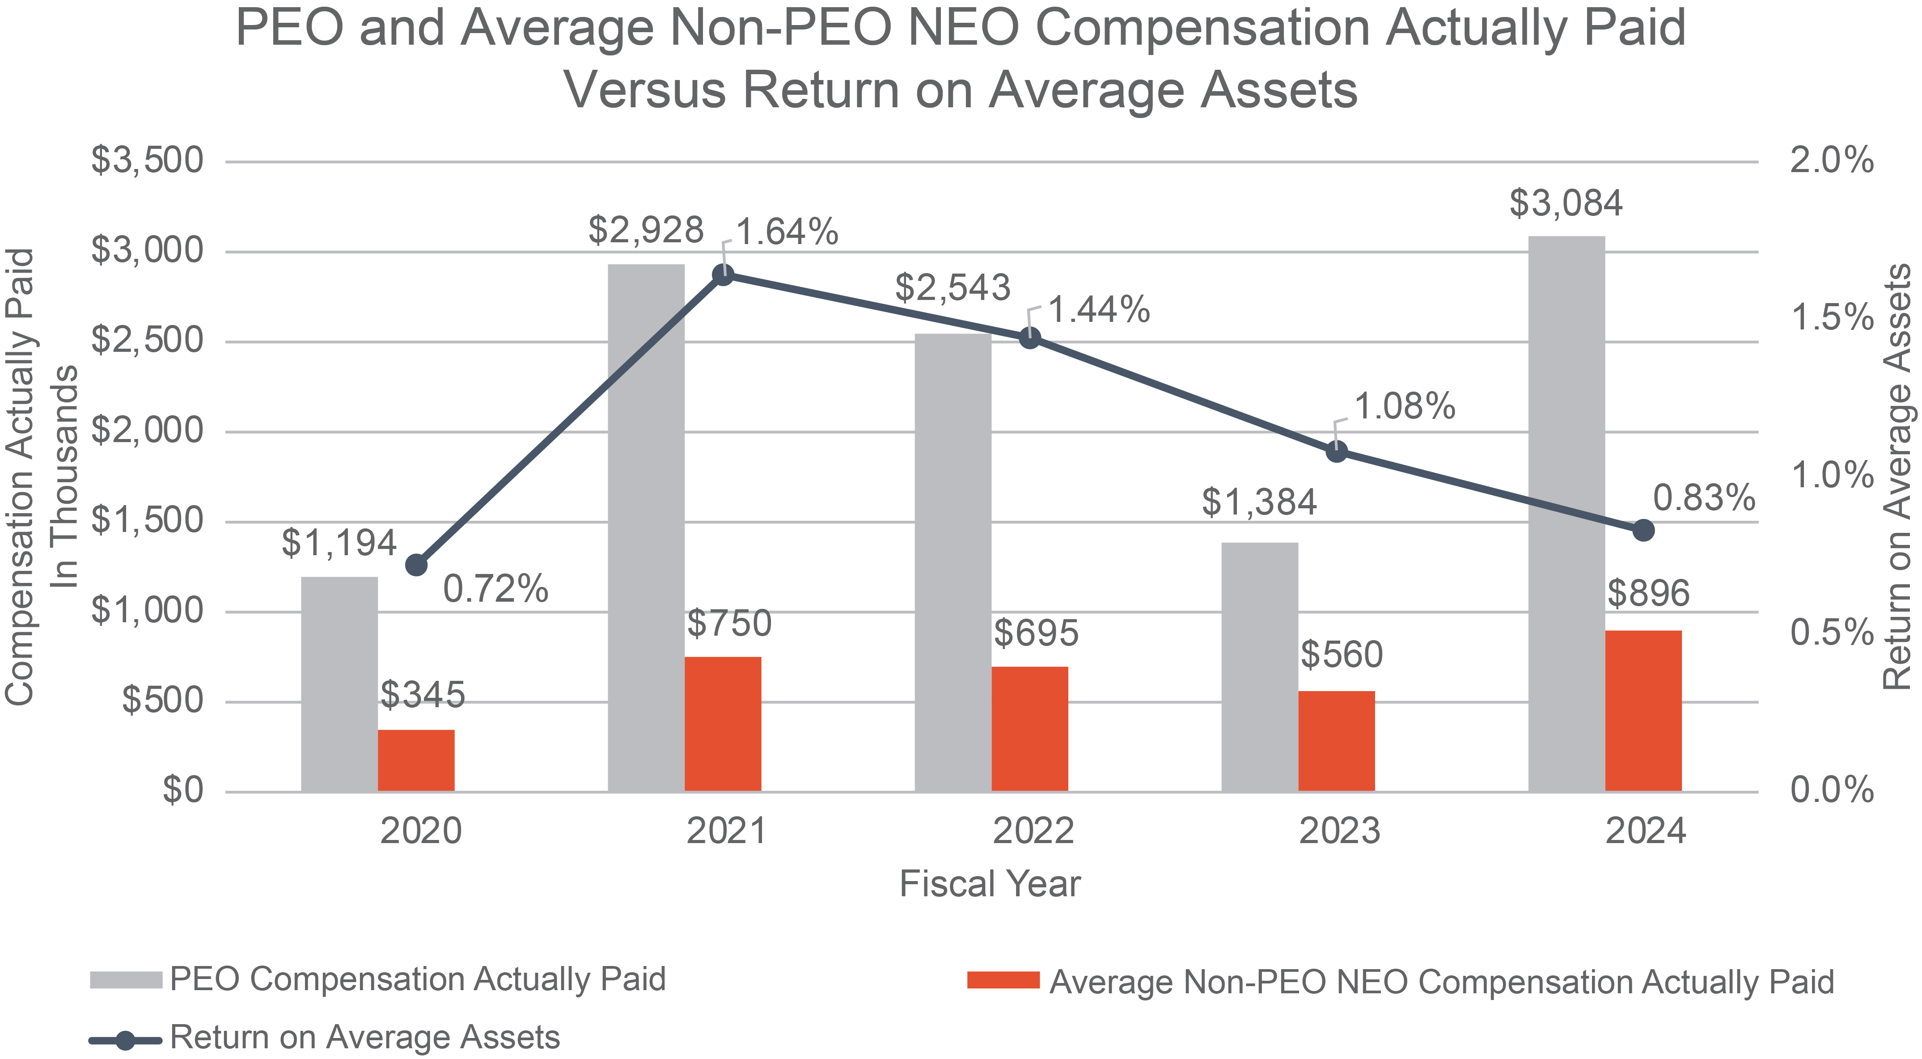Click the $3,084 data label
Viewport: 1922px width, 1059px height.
[x=1566, y=203]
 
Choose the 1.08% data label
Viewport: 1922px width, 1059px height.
[x=1404, y=406]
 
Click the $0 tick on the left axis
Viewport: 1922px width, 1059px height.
[x=183, y=790]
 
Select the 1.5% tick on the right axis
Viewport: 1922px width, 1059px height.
[x=1832, y=318]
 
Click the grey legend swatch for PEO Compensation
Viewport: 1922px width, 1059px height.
[x=125, y=979]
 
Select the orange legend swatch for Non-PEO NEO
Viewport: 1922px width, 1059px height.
[x=1003, y=980]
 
